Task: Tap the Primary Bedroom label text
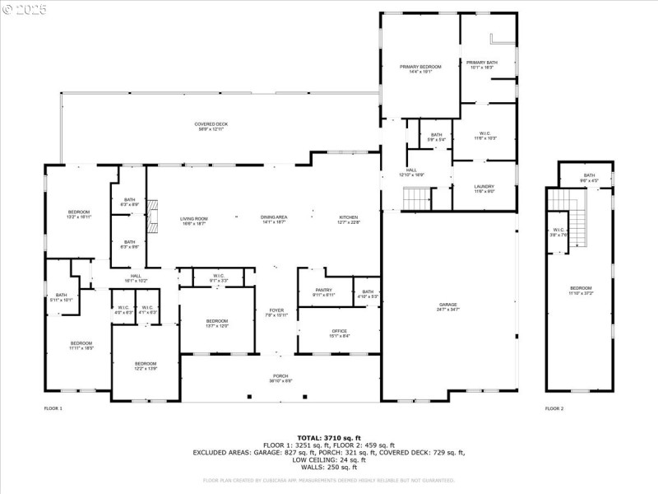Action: (x=420, y=68)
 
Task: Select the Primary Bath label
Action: (x=481, y=65)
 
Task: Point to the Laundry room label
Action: (x=484, y=189)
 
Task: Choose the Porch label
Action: (x=280, y=379)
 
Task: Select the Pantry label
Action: (x=323, y=292)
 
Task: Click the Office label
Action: (x=327, y=333)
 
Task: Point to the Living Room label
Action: (x=194, y=221)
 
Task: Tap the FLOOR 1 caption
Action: (x=53, y=408)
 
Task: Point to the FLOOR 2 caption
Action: (x=554, y=408)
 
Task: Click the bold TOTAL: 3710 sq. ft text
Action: (x=328, y=437)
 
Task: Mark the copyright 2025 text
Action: (x=25, y=9)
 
